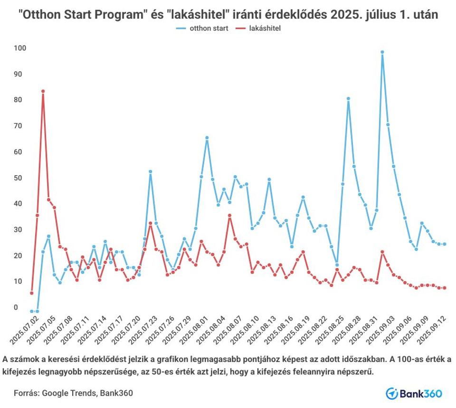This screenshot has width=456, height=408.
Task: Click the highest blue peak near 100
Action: [x=382, y=52]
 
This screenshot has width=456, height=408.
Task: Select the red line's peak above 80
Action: [x=43, y=91]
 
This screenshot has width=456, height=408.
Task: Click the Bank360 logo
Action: [x=414, y=393]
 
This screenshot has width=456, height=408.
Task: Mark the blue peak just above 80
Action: [x=348, y=99]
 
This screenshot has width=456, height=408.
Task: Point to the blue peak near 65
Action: [x=207, y=138]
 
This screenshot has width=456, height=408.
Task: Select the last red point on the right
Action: [x=444, y=288]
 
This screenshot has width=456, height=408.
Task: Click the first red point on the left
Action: [x=31, y=293]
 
